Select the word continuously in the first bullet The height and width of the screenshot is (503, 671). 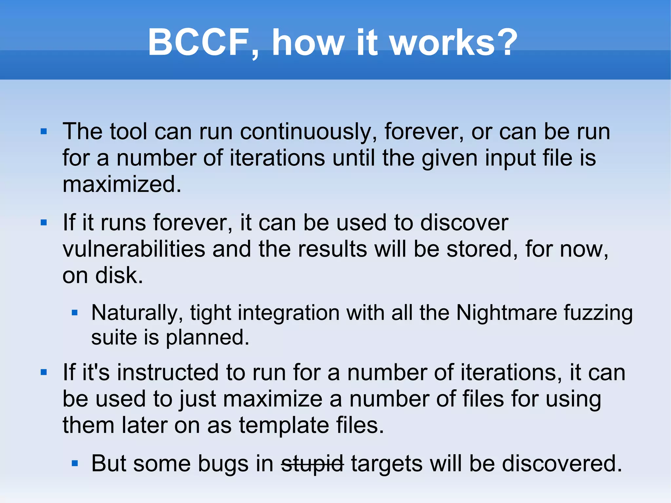(308, 132)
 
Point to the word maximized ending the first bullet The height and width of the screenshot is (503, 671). (122, 184)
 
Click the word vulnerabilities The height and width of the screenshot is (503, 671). (134, 249)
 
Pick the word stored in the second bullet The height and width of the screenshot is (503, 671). (482, 249)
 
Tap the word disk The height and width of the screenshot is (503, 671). (119, 275)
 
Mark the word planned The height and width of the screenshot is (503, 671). (207, 338)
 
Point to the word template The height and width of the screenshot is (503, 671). (284, 425)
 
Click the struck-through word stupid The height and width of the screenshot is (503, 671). (312, 464)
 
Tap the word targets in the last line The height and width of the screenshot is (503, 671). (387, 464)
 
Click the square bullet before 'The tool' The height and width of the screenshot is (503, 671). (44, 132)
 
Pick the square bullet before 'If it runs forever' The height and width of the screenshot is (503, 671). (44, 223)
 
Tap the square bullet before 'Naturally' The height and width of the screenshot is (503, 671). (75, 313)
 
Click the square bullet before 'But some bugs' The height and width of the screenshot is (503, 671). (75, 463)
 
